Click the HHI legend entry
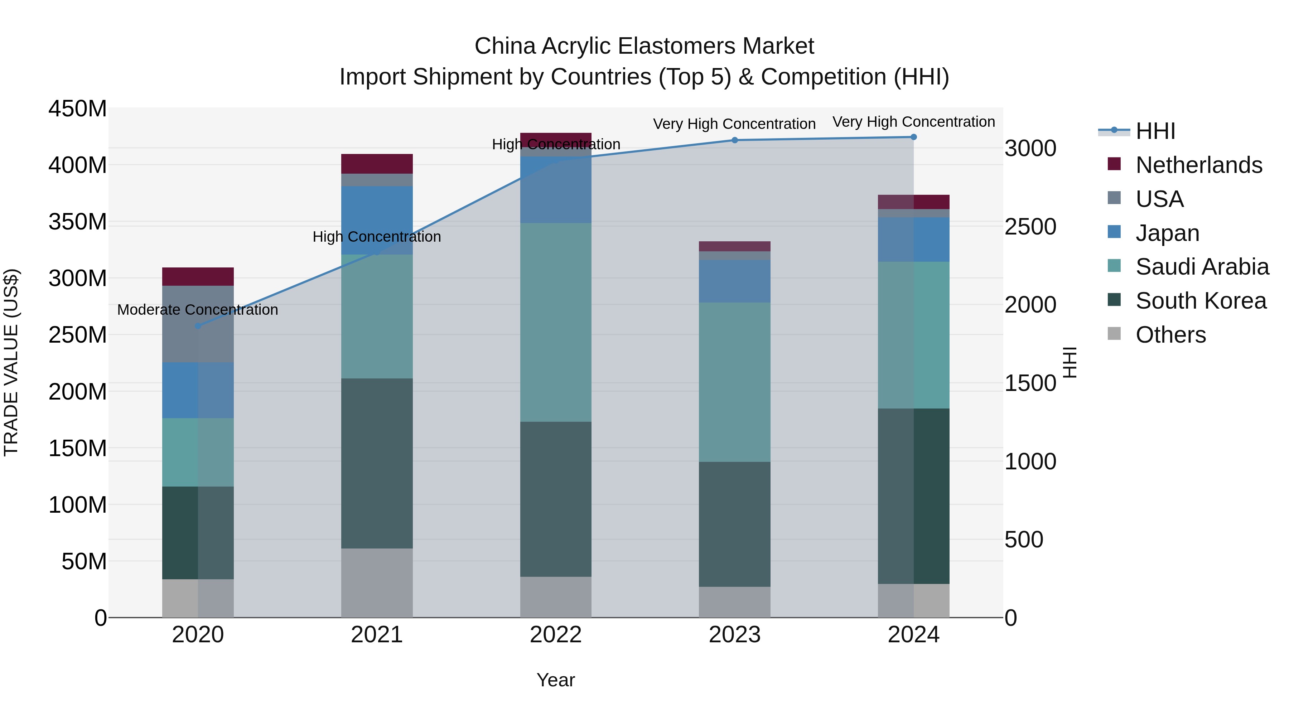(1155, 131)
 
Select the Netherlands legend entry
(1198, 165)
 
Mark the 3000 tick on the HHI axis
(1030, 149)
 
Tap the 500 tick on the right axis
(1024, 540)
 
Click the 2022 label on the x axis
(555, 635)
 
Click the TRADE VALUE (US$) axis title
(11, 362)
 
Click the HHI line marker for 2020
(198, 326)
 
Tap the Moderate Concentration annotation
(198, 310)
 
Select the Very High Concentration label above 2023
(734, 124)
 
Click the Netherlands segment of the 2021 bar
(377, 164)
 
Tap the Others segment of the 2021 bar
(377, 583)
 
